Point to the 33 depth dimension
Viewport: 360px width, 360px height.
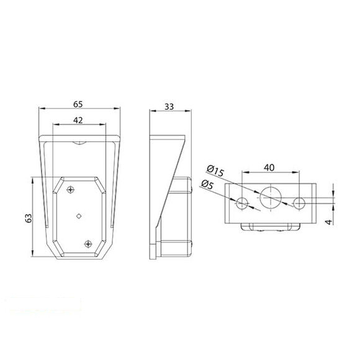coord(168,107)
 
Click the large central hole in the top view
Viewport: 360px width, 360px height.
coord(271,197)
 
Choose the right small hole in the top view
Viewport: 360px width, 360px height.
coord(299,202)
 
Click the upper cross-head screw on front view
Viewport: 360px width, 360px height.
coord(71,189)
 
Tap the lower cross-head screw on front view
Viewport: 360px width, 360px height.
coord(87,243)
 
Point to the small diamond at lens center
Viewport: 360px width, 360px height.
coord(79,215)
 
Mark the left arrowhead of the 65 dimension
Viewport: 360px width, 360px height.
coord(40,110)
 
